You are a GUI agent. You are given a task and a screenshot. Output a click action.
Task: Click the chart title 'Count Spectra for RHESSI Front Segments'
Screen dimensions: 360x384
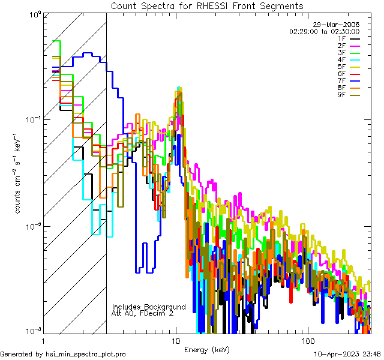pos(207,6)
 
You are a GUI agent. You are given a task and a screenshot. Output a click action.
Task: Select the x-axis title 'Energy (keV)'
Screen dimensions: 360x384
pos(206,350)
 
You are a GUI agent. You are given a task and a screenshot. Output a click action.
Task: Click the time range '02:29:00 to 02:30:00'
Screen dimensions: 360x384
pos(324,31)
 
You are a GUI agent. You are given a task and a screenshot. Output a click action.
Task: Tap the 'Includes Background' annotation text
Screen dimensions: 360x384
pos(149,307)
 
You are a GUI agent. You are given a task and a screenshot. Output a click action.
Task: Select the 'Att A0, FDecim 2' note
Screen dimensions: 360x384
pos(143,313)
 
